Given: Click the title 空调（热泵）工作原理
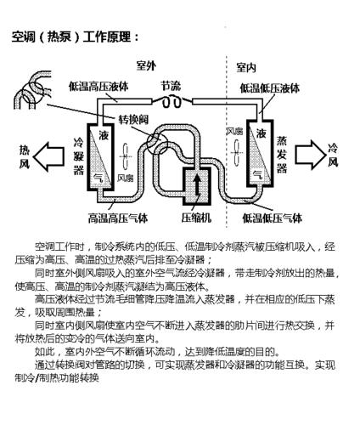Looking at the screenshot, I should click(x=75, y=38).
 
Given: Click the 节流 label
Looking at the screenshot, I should click(x=170, y=86).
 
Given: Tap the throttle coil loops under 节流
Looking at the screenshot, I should click(x=171, y=100).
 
